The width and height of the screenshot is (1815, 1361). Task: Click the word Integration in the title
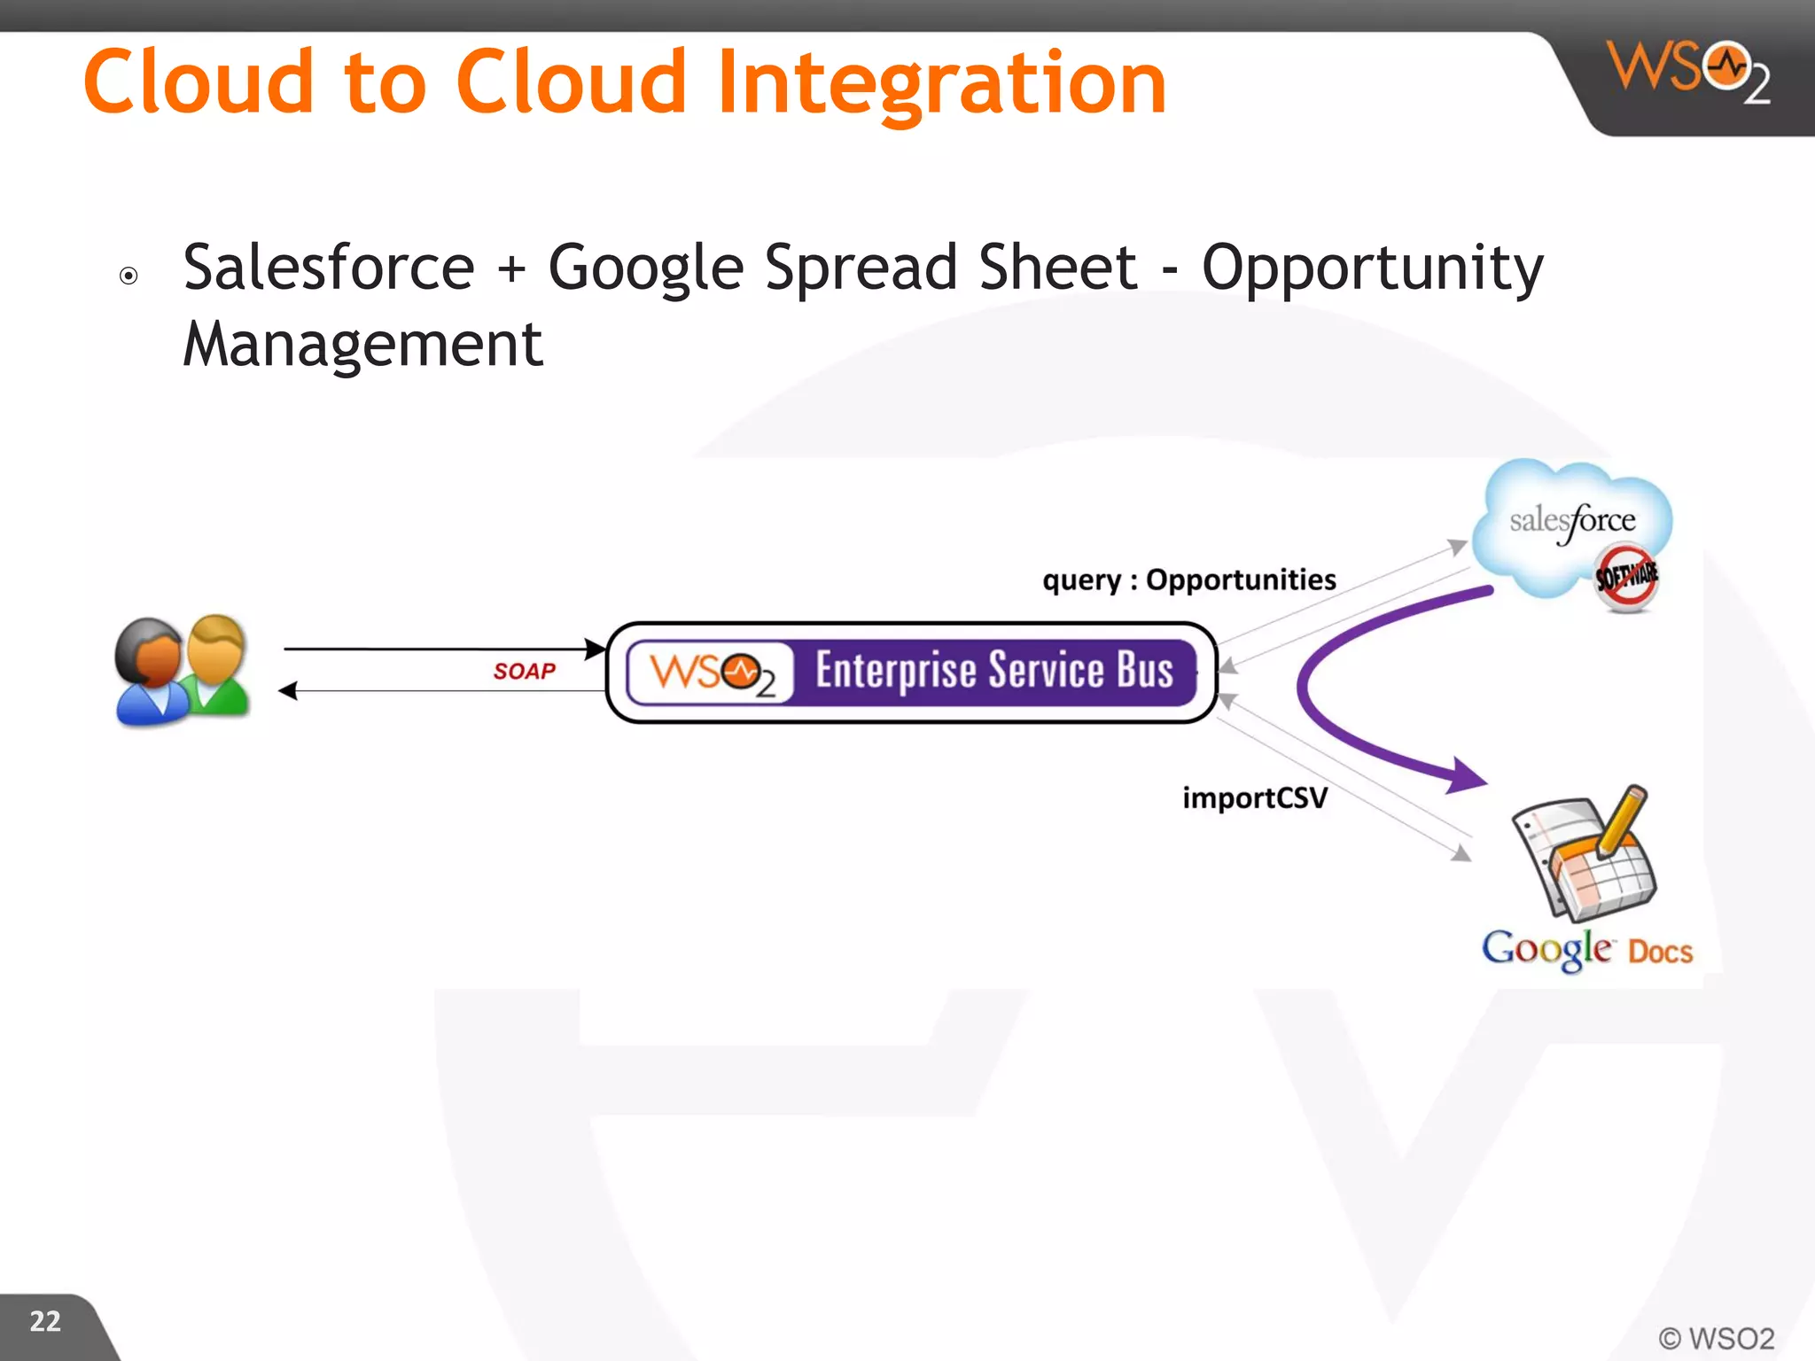pyautogui.click(x=941, y=84)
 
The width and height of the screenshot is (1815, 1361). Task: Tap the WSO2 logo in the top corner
pyautogui.click(x=1688, y=71)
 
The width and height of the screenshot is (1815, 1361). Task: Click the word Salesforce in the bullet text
pyautogui.click(x=329, y=267)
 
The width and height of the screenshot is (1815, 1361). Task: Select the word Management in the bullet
pyautogui.click(x=362, y=344)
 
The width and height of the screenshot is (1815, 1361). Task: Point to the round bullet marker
pyautogui.click(x=129, y=276)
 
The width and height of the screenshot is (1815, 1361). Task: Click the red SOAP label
pyautogui.click(x=524, y=671)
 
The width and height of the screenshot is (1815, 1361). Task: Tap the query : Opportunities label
pyautogui.click(x=1188, y=579)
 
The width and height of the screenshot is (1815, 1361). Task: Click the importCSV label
pyautogui.click(x=1254, y=797)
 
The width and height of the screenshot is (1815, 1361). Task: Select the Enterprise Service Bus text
pyautogui.click(x=993, y=670)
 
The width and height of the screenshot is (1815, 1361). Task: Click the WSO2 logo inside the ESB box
pyautogui.click(x=712, y=673)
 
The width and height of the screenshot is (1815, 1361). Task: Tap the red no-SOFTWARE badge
pyautogui.click(x=1626, y=577)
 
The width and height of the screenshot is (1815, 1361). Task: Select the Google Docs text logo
pyautogui.click(x=1586, y=950)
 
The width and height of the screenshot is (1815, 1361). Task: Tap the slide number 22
pyautogui.click(x=45, y=1321)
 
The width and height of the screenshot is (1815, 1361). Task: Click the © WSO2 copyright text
pyautogui.click(x=1716, y=1338)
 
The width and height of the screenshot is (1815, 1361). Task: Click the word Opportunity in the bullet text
pyautogui.click(x=1372, y=267)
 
